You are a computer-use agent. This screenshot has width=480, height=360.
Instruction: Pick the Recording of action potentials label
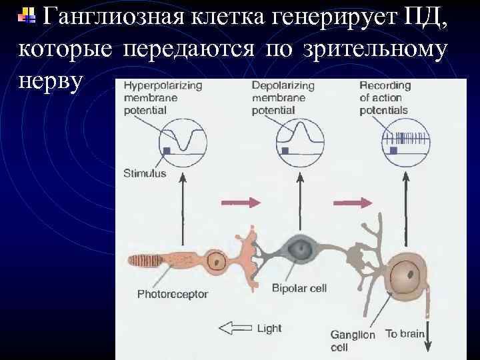coord(385,97)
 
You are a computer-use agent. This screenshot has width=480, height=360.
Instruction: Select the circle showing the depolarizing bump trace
coord(301,142)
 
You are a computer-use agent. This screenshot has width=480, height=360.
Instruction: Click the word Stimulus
coord(145,174)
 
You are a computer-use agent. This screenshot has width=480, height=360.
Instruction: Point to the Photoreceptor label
coord(173,293)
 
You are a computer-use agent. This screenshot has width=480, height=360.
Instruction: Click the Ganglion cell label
coord(353,341)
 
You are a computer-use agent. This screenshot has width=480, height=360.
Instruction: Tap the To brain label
coord(405,333)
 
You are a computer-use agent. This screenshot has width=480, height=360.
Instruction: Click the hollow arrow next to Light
coord(235,328)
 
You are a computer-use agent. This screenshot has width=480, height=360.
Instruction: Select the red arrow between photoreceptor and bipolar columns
coord(239,201)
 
